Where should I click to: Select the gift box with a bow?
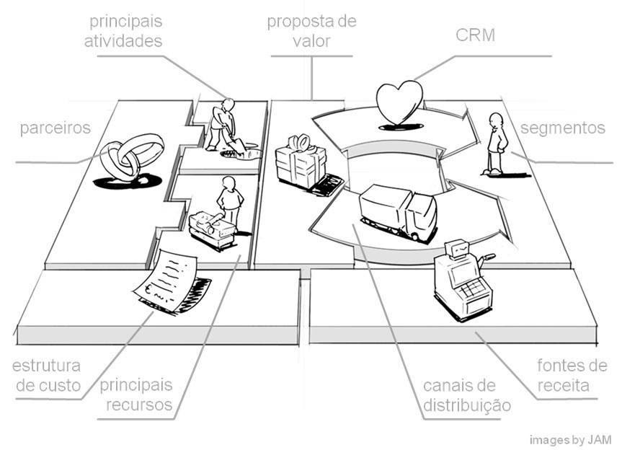coord(301,161)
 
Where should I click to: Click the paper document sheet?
coord(167,281)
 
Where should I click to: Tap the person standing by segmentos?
coord(494,143)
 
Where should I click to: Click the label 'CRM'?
coord(476,34)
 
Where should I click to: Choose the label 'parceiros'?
coord(55,128)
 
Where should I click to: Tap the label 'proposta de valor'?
coord(311,30)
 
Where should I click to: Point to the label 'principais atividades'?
coord(123,30)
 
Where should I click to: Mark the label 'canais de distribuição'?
coord(466,394)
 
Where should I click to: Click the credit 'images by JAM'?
coord(569,439)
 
